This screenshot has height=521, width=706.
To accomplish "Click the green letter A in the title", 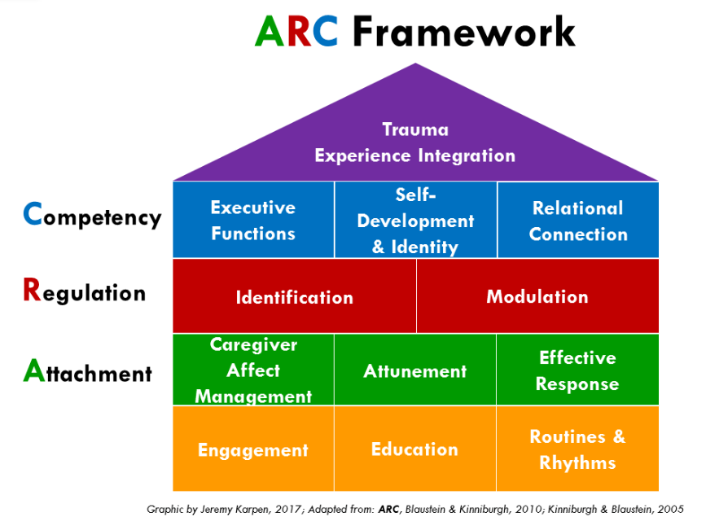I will [270, 33].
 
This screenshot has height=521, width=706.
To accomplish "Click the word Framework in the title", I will [463, 33].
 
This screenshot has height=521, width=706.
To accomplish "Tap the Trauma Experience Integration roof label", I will [415, 142].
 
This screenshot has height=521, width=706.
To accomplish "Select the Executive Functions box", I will [253, 220].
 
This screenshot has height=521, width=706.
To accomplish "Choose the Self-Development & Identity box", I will [415, 220].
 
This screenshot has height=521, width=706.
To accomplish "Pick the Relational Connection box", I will [578, 220].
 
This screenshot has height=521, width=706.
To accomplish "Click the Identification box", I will [294, 296].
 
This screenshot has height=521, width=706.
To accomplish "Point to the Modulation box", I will [537, 296].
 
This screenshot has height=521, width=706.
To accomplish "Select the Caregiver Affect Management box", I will [253, 370].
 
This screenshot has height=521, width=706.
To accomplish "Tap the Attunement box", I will [415, 370].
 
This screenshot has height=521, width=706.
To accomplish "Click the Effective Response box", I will [578, 370].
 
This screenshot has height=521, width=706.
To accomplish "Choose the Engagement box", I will [253, 449].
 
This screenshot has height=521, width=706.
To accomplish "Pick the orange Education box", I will [415, 449].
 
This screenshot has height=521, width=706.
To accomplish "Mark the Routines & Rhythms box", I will [578, 449].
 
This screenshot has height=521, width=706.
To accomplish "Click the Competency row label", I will [93, 217].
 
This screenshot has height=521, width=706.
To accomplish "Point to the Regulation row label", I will [85, 291].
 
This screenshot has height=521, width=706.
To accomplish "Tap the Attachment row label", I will [88, 372].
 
